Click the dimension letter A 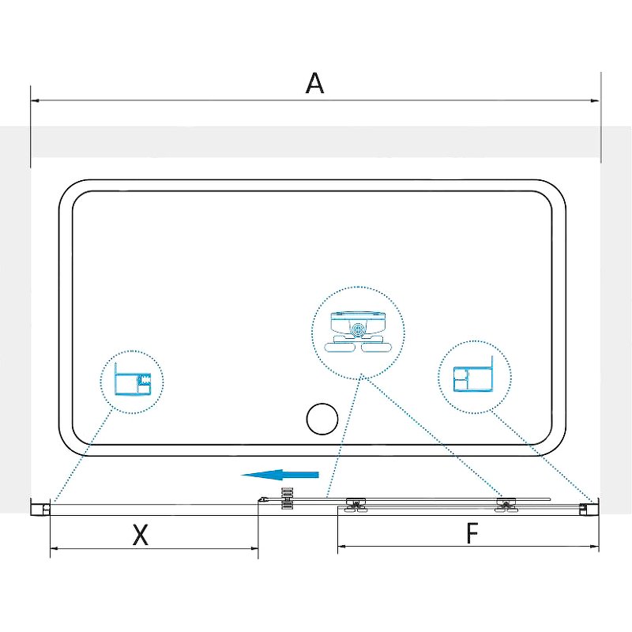coord(314,83)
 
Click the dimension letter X coord(141,535)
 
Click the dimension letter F coord(472,532)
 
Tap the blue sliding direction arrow coord(280,475)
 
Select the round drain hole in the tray coord(322,419)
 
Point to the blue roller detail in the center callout coord(358,332)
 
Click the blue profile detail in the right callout coord(473,374)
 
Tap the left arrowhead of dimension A coord(35,100)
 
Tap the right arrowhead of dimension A coord(595,100)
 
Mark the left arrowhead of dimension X coord(55,548)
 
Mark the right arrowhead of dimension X coord(254,548)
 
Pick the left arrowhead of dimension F coord(342,547)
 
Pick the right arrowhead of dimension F coord(595,547)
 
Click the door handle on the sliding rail coord(287,498)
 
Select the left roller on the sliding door coord(355,505)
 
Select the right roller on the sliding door coord(506,505)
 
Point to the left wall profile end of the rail coord(41,507)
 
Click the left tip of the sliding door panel coord(258,501)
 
